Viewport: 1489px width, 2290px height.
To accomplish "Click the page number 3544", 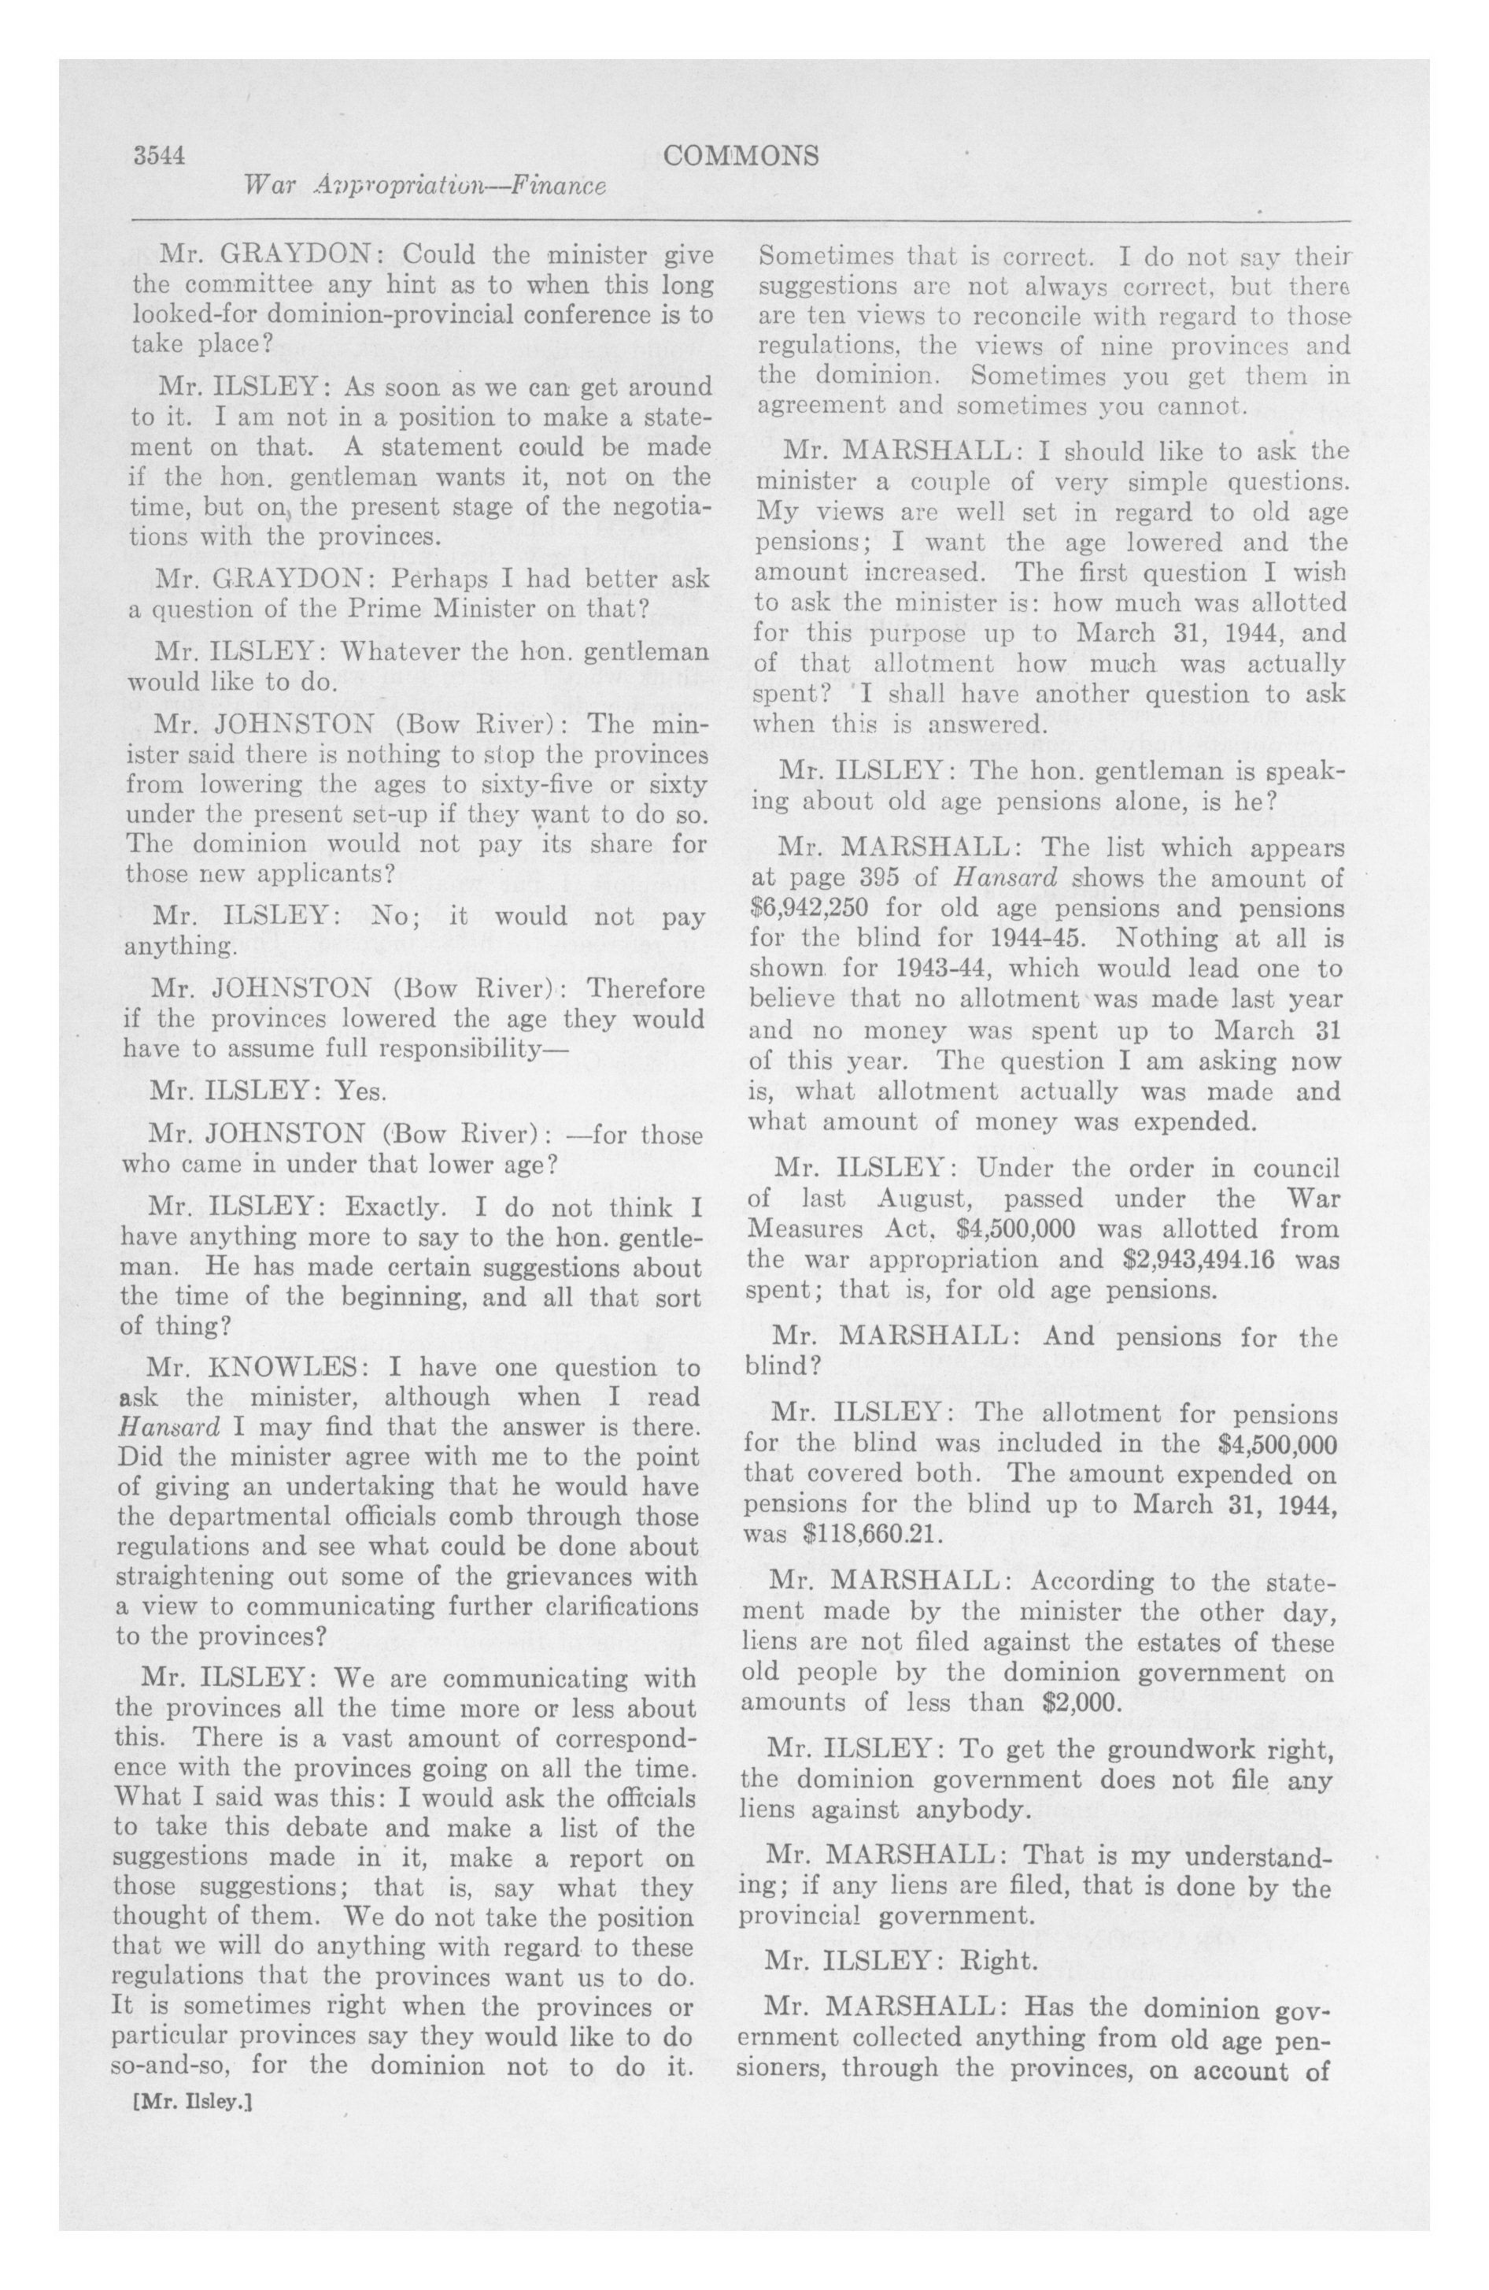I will click(159, 156).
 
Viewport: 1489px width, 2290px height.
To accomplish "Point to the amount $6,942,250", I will click(810, 908).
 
